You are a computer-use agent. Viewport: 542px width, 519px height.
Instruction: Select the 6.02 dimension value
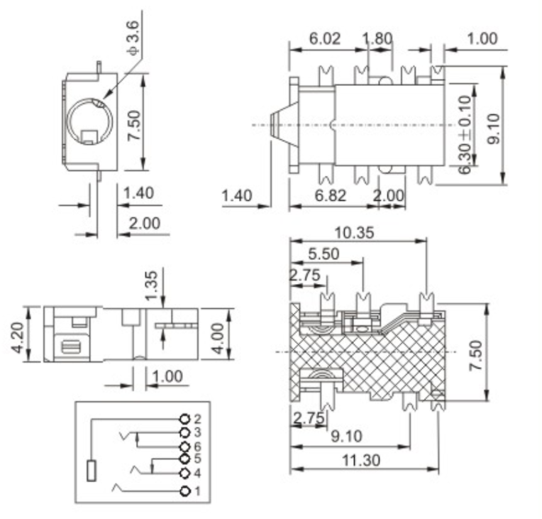tap(324, 39)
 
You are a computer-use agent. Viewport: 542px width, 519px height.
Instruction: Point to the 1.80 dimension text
tap(377, 39)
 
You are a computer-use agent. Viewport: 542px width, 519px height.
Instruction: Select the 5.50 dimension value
tap(323, 253)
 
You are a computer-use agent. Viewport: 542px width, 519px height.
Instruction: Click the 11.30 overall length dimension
tap(360, 460)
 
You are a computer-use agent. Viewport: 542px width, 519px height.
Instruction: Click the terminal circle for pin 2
tap(186, 420)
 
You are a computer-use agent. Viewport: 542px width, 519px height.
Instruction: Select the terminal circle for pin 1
tap(186, 491)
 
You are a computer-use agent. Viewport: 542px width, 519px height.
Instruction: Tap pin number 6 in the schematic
tap(197, 446)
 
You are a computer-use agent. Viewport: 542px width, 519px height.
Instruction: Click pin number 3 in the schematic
tap(197, 432)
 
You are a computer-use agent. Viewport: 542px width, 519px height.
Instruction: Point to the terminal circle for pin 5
tap(186, 459)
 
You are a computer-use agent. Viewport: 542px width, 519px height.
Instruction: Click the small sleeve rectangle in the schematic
tap(92, 471)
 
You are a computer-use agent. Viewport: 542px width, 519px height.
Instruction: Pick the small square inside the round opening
tap(89, 136)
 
